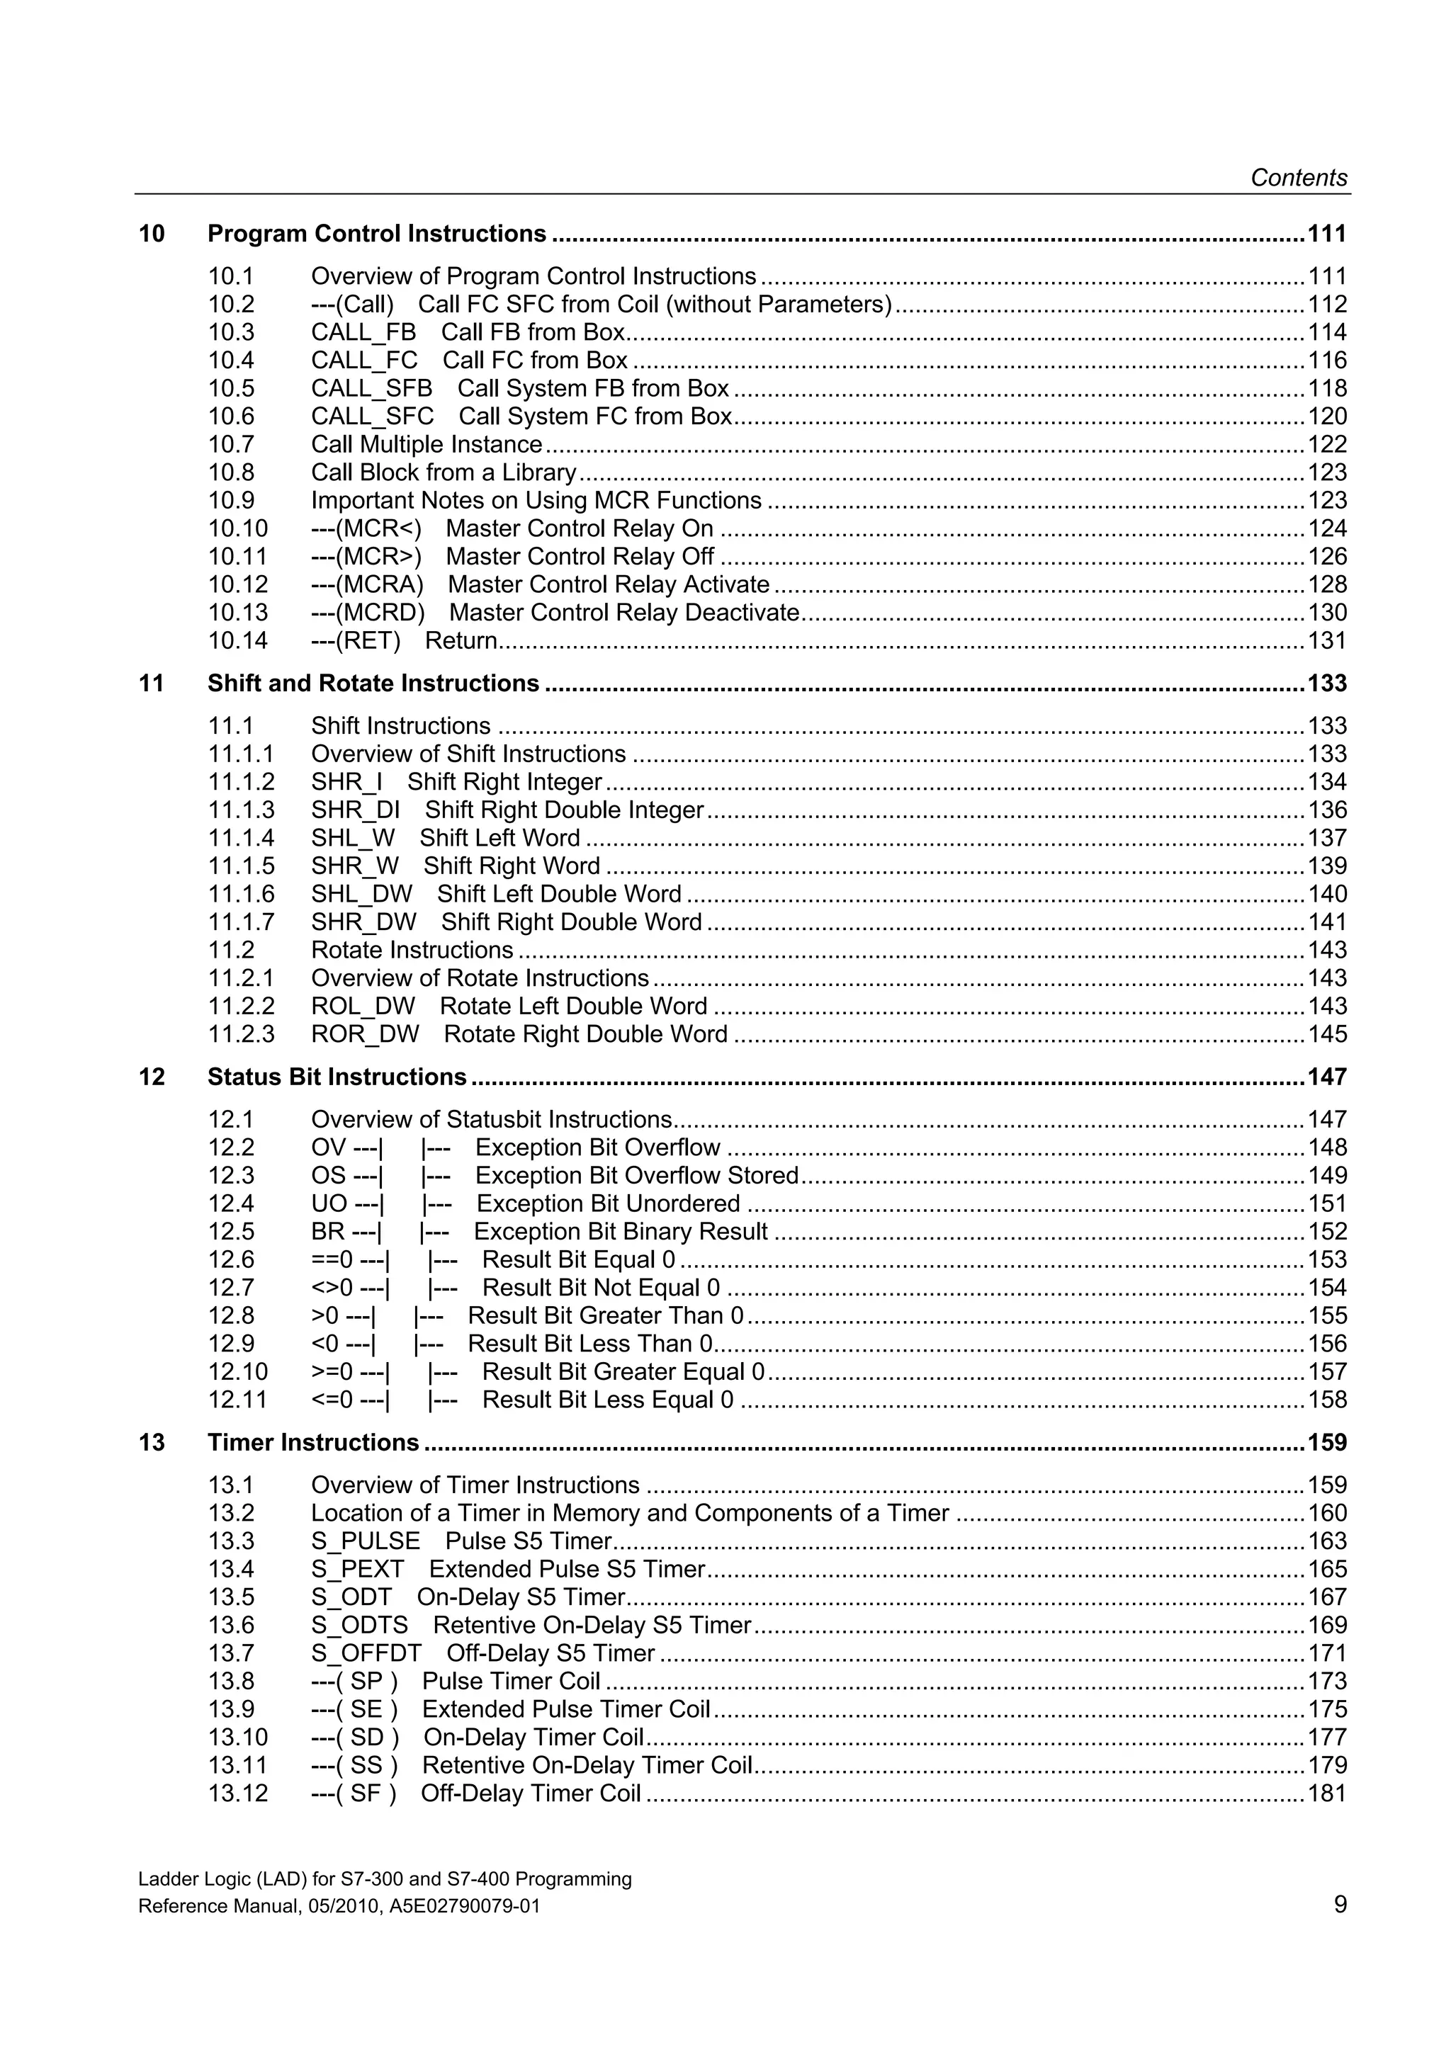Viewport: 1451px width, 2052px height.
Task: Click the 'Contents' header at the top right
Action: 1298,178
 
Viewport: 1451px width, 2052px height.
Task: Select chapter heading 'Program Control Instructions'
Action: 376,234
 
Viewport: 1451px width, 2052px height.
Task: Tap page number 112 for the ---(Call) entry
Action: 1327,305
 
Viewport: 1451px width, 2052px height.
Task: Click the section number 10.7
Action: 231,445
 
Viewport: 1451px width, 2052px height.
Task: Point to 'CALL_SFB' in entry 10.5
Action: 371,389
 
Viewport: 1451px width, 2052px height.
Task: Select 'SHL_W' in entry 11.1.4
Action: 352,839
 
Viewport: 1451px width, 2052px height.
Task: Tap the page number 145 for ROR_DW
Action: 1327,1035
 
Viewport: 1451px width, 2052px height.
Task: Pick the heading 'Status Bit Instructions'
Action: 337,1077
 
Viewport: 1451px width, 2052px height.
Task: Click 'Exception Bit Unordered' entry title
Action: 608,1204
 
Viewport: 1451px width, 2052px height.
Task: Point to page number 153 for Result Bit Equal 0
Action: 1327,1260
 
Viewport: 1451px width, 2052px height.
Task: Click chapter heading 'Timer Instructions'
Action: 313,1442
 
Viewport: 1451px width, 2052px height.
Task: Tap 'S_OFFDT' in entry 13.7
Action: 366,1653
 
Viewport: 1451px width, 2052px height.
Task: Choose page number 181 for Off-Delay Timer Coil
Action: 1327,1793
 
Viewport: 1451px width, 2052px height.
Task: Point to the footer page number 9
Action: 1339,1905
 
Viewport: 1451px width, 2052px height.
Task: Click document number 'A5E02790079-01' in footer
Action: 465,1906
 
